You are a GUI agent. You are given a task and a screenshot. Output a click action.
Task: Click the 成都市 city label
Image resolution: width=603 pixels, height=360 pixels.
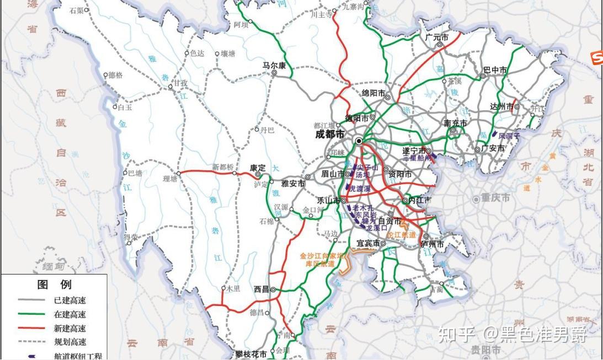(329, 134)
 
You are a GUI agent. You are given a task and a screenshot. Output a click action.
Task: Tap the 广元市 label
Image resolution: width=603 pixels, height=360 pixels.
(436, 37)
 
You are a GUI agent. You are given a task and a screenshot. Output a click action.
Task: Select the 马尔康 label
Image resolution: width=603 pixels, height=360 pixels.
(274, 66)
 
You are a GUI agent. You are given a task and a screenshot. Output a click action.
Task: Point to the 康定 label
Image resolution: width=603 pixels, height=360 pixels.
(258, 168)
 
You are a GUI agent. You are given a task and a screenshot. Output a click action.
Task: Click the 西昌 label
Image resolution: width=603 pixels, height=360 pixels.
(262, 288)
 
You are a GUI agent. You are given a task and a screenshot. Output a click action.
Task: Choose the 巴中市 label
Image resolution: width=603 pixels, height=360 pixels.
(495, 70)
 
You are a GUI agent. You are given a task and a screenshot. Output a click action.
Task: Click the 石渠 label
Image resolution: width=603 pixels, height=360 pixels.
(77, 10)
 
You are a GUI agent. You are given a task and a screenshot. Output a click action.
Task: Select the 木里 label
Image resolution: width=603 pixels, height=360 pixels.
(234, 288)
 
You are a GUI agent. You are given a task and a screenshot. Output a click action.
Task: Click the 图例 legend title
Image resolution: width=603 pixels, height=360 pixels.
(54, 285)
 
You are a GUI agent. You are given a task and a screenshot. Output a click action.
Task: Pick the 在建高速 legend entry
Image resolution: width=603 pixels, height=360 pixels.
(70, 314)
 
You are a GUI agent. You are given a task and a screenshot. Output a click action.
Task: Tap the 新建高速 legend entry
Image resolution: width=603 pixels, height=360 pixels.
(70, 329)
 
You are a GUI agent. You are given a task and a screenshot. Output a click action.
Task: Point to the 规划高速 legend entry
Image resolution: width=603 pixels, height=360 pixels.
(70, 342)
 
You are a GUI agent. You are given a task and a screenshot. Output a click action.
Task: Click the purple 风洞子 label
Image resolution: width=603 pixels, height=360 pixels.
(509, 135)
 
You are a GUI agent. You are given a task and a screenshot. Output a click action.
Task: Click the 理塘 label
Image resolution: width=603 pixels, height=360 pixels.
(169, 178)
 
